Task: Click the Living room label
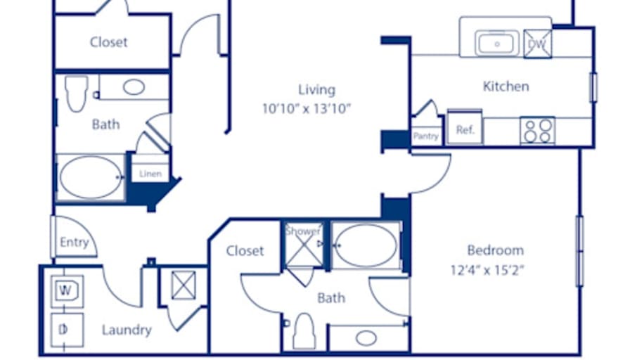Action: coord(316,89)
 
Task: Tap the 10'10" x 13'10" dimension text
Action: coord(307,108)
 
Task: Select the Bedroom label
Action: coord(496,250)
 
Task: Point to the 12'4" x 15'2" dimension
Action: coord(487,270)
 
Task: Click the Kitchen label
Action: coord(506,86)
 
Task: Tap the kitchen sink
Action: coord(496,44)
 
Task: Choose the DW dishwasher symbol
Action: coord(538,44)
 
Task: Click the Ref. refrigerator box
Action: coord(465,127)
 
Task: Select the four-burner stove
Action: coord(538,131)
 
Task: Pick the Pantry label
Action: coord(426,136)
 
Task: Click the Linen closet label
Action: coord(150,174)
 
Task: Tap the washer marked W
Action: coord(67,291)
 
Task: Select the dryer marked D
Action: coord(67,330)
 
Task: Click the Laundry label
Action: coord(127,330)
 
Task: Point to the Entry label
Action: coord(75,243)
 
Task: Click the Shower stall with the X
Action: coord(304,245)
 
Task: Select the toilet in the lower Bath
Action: coord(304,331)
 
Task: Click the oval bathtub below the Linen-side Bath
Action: coord(91,177)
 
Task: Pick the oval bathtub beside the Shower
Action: coord(366,245)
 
